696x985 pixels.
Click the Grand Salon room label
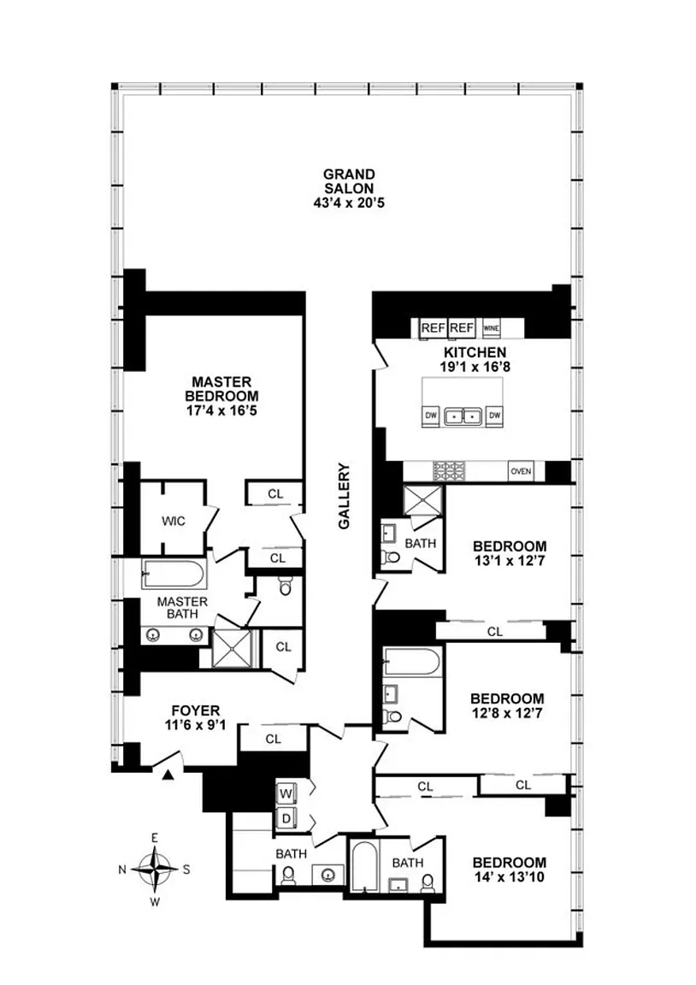[348, 188]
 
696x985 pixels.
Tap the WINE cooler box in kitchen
[491, 327]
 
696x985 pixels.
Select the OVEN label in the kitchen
[520, 471]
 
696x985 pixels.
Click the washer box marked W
[286, 793]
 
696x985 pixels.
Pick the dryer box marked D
[286, 817]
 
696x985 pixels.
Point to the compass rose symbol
[155, 869]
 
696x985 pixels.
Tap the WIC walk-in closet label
[174, 521]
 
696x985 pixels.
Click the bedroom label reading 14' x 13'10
[509, 877]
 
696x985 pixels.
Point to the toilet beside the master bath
[286, 587]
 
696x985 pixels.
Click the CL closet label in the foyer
[273, 738]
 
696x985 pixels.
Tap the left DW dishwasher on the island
[431, 416]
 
